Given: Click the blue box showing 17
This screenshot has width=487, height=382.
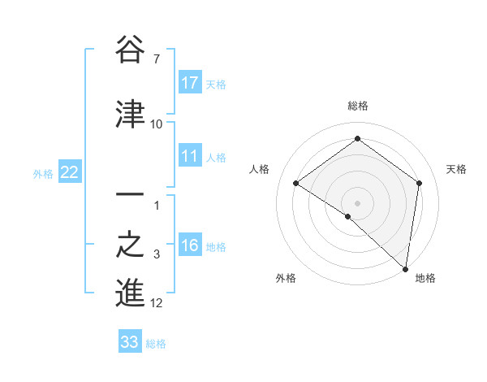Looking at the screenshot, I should point(190,82).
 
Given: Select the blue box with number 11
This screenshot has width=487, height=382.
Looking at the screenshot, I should point(190,156).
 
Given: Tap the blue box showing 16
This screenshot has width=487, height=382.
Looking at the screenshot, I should point(190,245).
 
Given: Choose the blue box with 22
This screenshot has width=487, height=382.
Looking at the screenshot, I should point(70,171).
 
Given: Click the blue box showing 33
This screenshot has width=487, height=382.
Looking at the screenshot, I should point(130,342).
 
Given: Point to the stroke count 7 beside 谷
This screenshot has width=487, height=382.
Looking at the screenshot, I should point(156,60).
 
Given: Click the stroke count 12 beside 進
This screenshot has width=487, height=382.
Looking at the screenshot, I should point(157,303).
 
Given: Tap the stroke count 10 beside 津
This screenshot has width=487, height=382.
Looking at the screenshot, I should point(157,124).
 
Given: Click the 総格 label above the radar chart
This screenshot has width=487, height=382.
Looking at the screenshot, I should point(357,106).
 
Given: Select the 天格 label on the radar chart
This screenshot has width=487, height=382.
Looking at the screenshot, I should point(456,169).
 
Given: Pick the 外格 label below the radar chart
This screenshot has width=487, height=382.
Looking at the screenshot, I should point(285,278).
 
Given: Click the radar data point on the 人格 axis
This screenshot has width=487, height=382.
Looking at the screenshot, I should point(296,183).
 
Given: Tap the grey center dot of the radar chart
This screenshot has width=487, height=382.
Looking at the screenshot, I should point(357,202).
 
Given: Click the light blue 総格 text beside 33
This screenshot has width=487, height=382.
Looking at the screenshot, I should point(156,344).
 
